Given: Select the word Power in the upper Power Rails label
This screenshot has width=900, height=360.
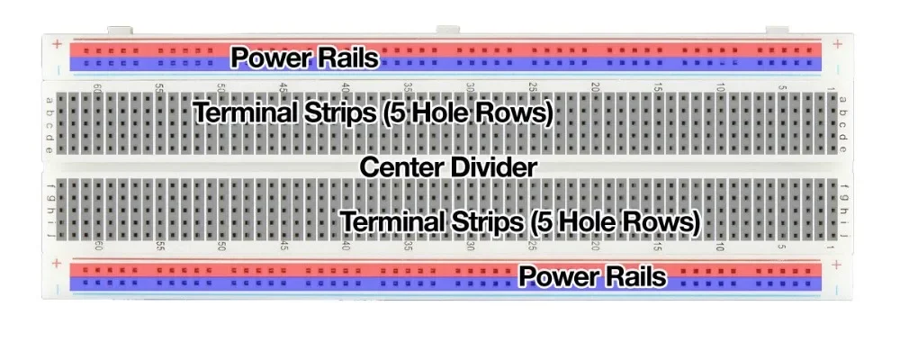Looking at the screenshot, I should (x=269, y=58).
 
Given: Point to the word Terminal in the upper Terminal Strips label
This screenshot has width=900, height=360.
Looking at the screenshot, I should (x=247, y=113).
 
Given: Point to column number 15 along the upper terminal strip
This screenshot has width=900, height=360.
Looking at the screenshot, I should (x=657, y=88).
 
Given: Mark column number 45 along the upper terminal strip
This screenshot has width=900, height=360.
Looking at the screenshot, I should (x=283, y=88).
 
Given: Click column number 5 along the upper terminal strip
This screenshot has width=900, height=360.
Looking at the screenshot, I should (x=782, y=88).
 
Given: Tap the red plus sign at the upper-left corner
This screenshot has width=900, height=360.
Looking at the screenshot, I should (x=57, y=43).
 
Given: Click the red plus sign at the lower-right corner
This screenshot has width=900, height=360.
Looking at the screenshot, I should (x=838, y=264).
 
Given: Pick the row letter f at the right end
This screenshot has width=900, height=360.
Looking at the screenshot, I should (x=843, y=186).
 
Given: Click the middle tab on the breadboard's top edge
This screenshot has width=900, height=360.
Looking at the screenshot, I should (x=447, y=30).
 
